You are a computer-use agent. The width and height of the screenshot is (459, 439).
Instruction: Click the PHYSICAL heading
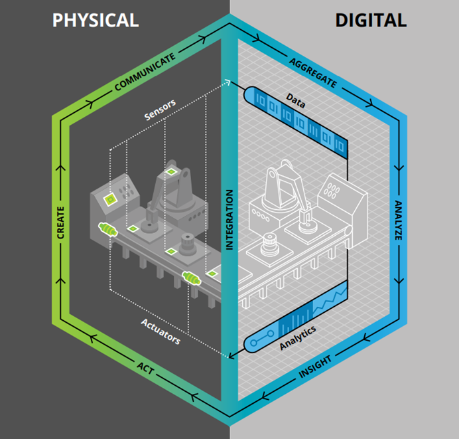96,20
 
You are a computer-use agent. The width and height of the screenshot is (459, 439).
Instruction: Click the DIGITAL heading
370,20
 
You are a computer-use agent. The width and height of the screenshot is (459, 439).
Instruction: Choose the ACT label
145,367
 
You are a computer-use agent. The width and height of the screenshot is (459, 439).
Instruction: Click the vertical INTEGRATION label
229,220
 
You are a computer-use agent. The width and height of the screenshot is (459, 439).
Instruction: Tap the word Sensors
160,113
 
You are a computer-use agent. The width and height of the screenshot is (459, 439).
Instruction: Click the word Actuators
160,331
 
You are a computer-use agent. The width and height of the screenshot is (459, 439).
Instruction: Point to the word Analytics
297,337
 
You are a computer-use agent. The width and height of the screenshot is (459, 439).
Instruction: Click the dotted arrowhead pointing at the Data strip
229,83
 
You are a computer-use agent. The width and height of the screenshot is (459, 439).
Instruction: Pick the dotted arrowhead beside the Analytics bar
229,356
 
